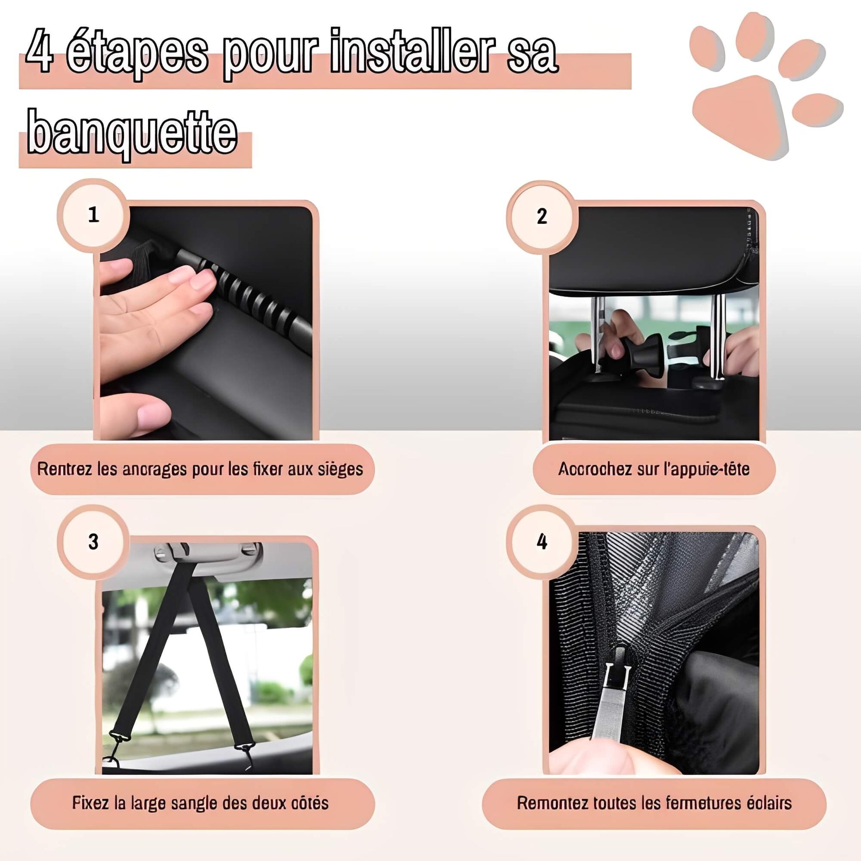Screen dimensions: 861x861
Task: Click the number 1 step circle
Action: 93,215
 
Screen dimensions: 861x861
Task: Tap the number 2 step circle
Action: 542,217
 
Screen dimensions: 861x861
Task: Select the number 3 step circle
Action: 93,542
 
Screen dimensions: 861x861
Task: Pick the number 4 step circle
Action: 542,542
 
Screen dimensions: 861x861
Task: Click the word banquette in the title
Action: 132,133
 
